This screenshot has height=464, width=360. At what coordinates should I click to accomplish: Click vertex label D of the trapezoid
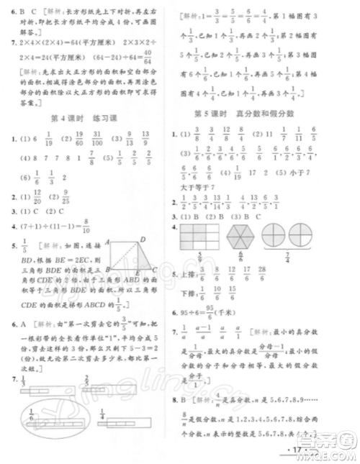click(143, 240)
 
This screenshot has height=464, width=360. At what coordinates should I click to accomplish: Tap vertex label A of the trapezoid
click(106, 243)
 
